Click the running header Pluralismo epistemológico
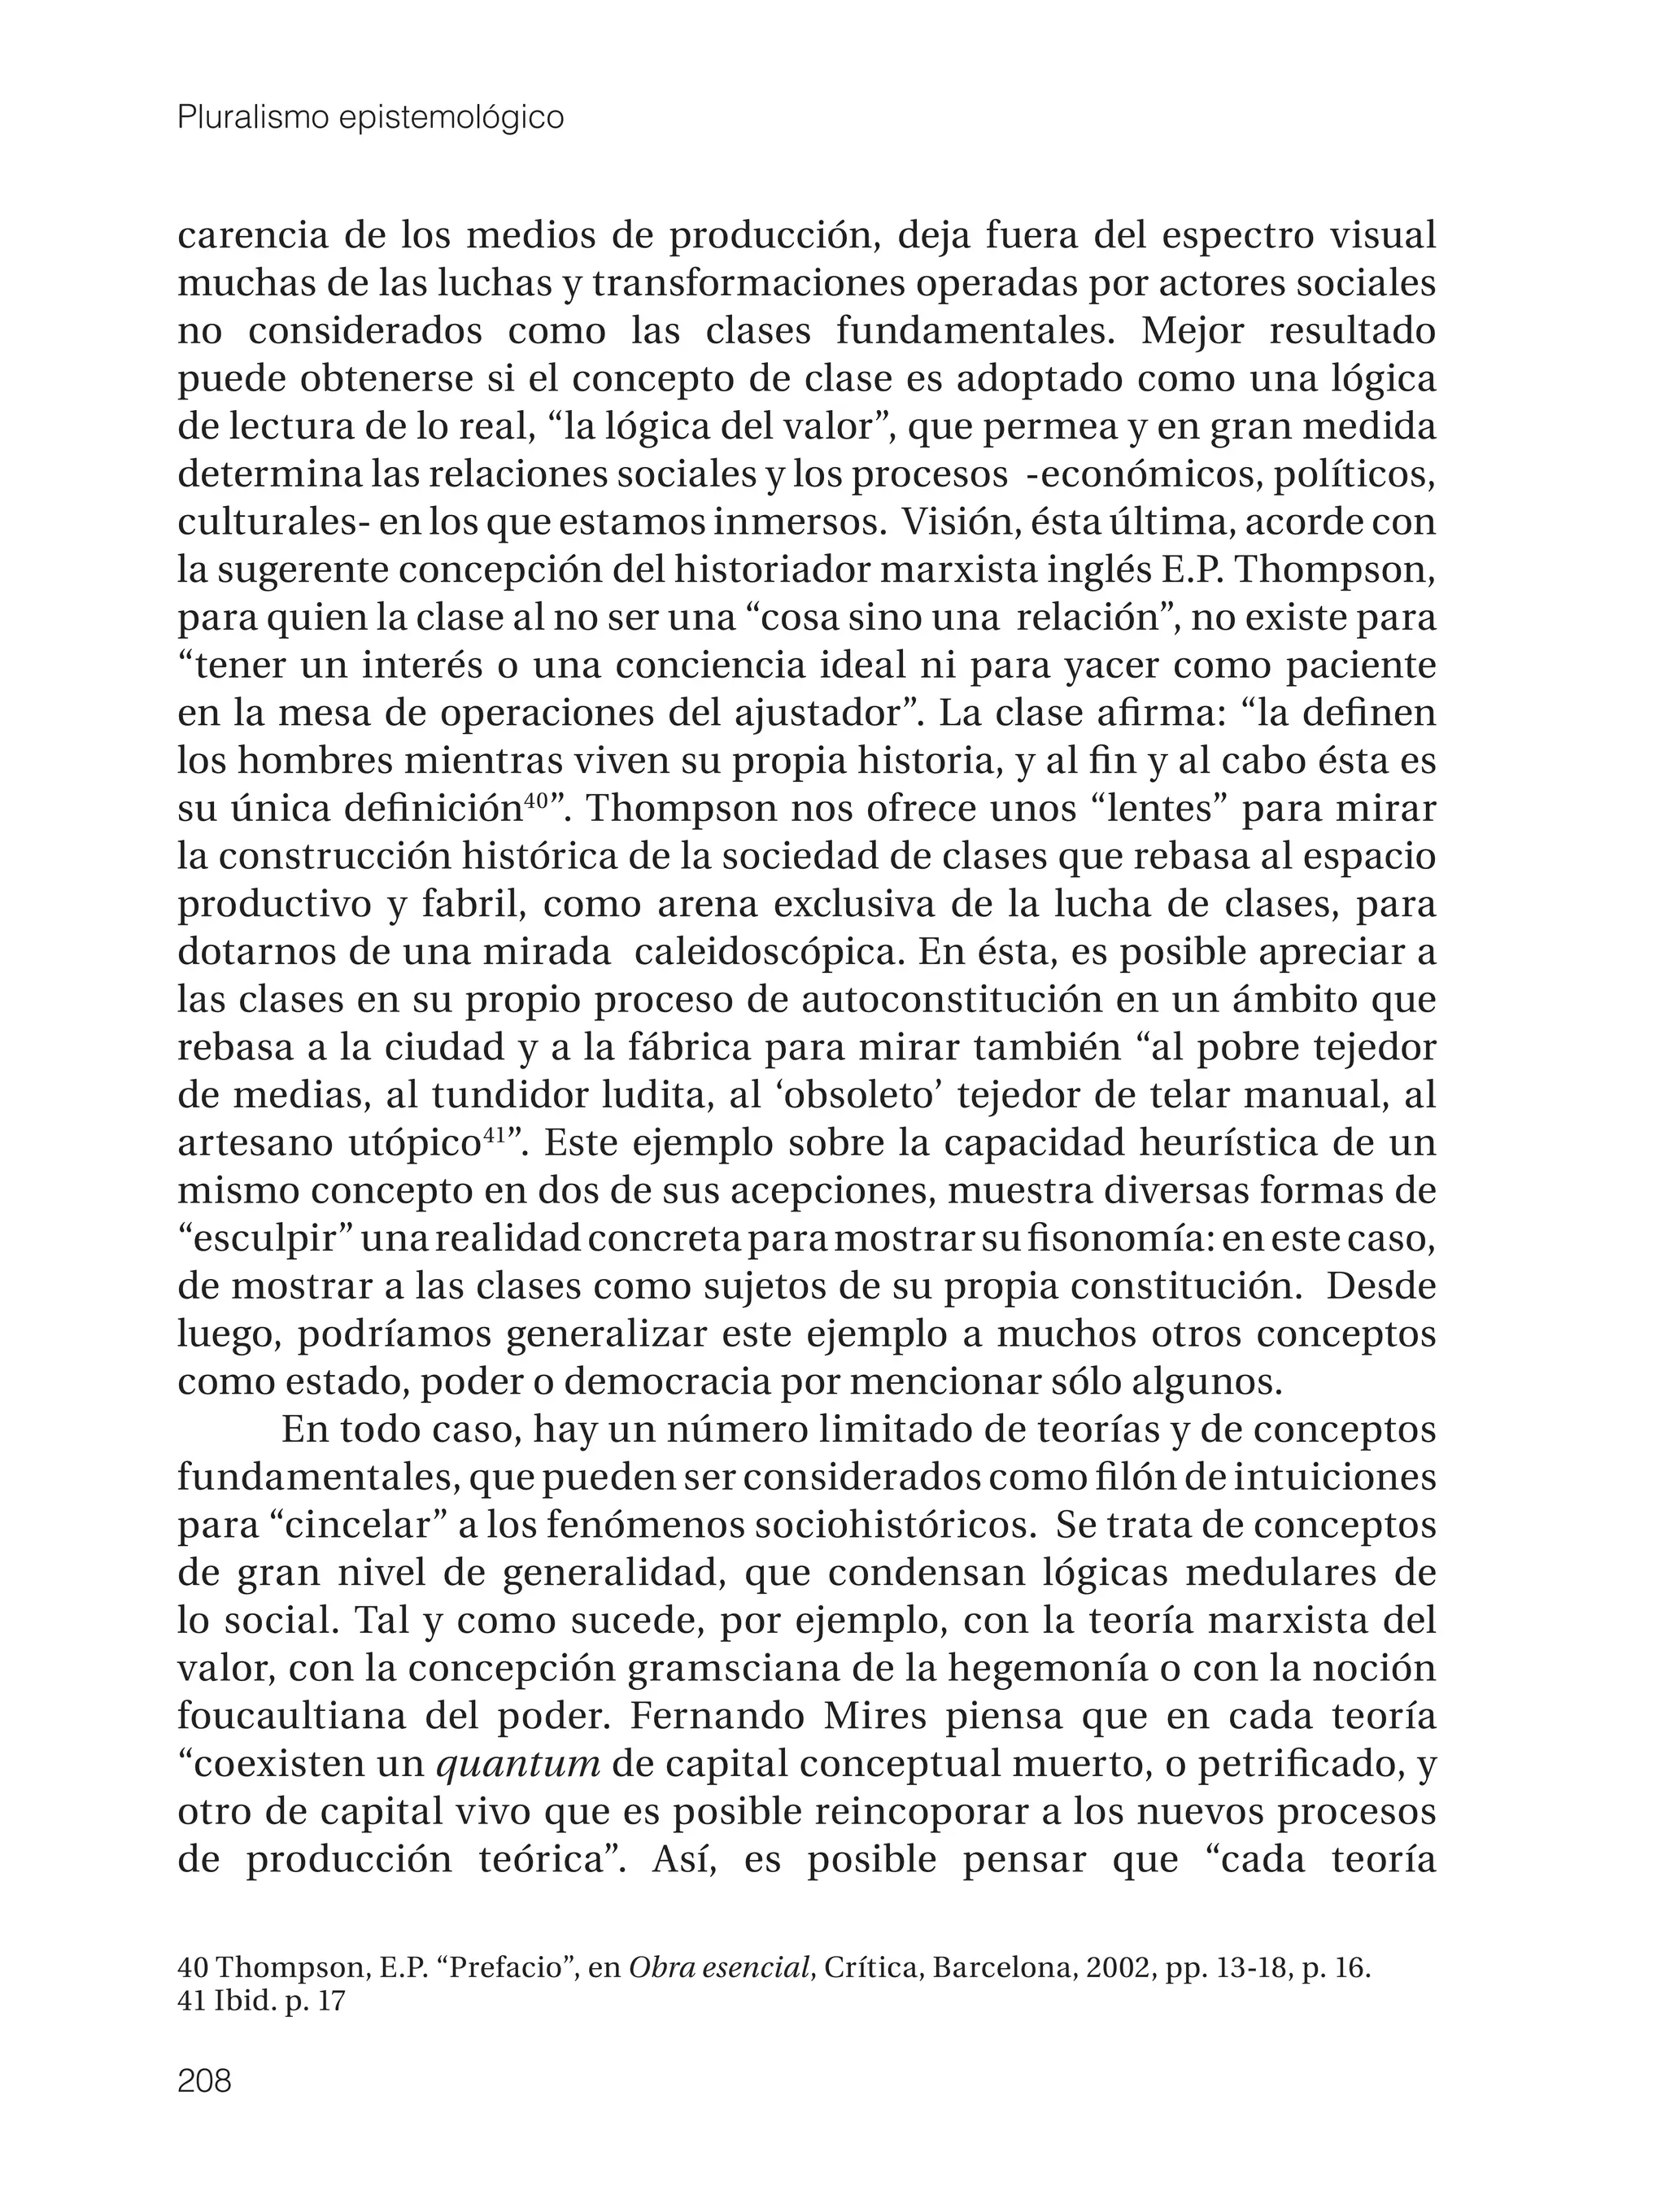tap(370, 118)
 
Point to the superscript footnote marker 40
tap(535, 801)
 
